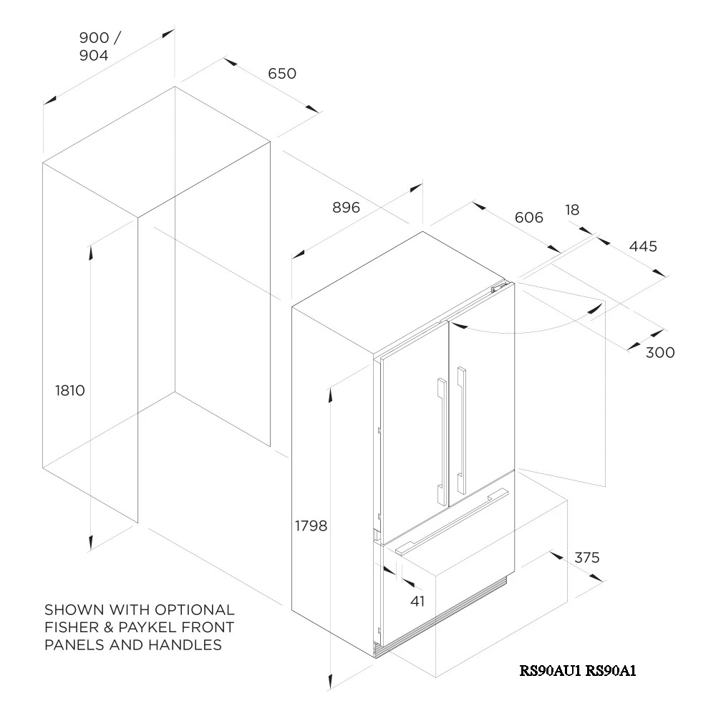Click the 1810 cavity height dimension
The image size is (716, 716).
(70, 391)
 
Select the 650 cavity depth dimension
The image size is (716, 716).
(282, 74)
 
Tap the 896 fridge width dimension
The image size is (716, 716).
(346, 208)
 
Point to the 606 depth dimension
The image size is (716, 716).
(529, 218)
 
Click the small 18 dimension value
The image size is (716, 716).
(572, 210)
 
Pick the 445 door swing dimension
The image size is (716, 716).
(643, 246)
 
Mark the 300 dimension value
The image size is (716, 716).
(660, 352)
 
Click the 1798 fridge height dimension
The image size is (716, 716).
(311, 526)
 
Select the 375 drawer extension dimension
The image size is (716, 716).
(587, 558)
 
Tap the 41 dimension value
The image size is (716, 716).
(417, 601)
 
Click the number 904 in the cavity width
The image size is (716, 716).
(94, 55)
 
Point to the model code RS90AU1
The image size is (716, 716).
(550, 670)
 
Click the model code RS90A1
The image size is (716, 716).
(611, 670)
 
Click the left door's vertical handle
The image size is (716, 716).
(442, 441)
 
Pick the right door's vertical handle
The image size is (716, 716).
(461, 430)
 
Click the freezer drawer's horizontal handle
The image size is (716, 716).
(452, 522)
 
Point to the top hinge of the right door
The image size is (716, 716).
(498, 287)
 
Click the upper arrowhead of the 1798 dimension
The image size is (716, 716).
(329, 395)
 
